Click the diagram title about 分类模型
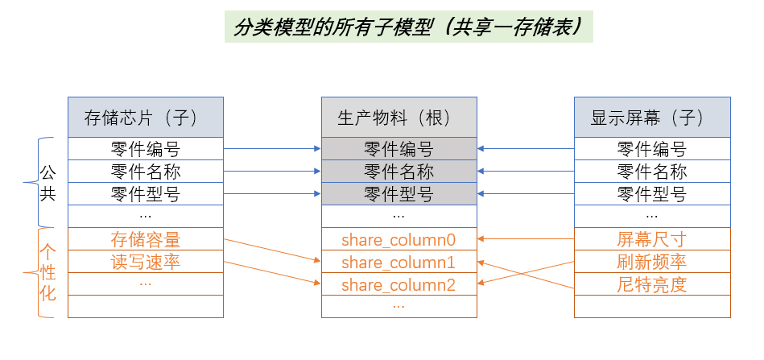408,26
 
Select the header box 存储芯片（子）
145,118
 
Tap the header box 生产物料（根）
399,118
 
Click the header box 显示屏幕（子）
652,118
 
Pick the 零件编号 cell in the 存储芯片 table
145,149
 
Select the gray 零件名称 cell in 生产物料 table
399,172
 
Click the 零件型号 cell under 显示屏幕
652,194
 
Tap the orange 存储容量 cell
145,239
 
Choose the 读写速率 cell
145,262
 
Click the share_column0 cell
399,239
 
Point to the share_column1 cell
399,262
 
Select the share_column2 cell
399,284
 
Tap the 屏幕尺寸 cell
652,239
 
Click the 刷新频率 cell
652,262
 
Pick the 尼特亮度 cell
652,284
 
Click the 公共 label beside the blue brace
48,182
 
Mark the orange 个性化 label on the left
48,272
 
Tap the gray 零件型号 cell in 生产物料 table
399,194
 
